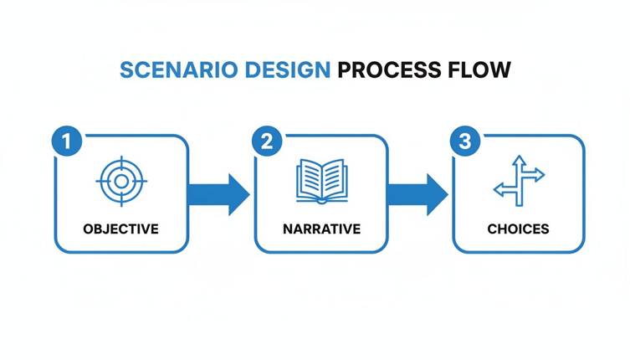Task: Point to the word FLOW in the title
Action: (x=480, y=69)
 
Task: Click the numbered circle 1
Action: (x=68, y=141)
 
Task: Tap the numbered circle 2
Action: (x=267, y=141)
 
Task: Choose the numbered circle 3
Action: (x=465, y=141)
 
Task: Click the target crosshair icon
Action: (x=121, y=180)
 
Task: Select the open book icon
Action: (x=320, y=181)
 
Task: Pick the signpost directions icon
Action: (x=519, y=180)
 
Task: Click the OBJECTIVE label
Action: (x=120, y=229)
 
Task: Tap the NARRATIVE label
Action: (x=320, y=229)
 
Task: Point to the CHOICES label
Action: (x=519, y=229)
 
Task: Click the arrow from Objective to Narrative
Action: (x=219, y=194)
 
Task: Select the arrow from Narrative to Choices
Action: (x=417, y=194)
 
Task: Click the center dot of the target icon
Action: (x=121, y=180)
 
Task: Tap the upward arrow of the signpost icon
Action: (x=519, y=161)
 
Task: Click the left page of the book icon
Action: (x=309, y=179)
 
